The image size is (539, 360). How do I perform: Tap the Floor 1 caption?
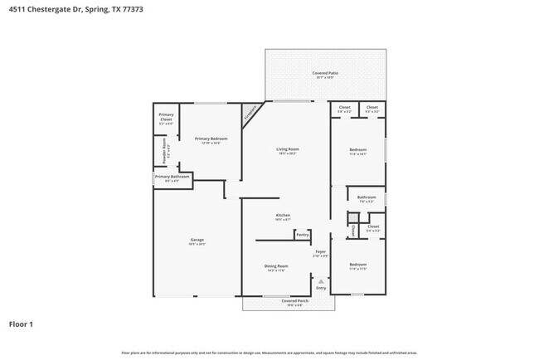(x=21, y=324)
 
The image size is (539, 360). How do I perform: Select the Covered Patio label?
(x=325, y=75)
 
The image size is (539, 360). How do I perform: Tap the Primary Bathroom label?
(x=172, y=178)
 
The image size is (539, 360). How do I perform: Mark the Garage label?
(x=197, y=241)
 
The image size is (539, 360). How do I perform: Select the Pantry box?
(x=302, y=236)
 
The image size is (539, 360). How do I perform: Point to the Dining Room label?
(x=276, y=267)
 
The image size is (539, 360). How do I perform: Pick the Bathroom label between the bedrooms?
(x=367, y=198)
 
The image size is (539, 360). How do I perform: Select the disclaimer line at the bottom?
(x=269, y=352)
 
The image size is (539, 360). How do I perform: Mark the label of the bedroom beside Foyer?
(x=357, y=267)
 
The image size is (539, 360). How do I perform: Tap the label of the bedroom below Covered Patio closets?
(x=357, y=152)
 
